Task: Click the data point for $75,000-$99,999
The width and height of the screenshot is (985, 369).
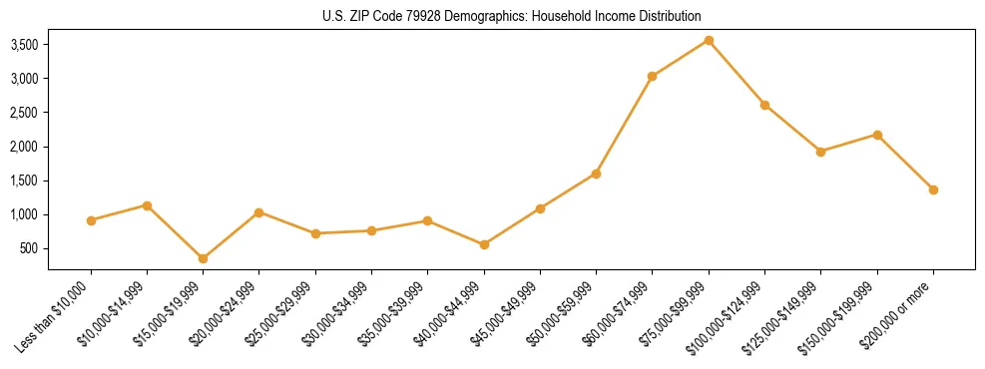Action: coord(709,40)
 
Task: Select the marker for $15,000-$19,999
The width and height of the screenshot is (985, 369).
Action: coord(204,258)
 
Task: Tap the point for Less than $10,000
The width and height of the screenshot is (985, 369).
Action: coord(91,220)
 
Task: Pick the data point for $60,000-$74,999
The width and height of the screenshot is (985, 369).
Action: coord(652,76)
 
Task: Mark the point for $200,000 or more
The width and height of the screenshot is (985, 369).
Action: coord(933,189)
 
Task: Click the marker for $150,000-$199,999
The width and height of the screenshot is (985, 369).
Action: coord(877,135)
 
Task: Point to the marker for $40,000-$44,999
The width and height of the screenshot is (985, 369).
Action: coord(484,244)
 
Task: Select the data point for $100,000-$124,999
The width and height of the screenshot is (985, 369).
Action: coord(764,105)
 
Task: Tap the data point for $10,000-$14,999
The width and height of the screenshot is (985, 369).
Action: coord(147,205)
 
